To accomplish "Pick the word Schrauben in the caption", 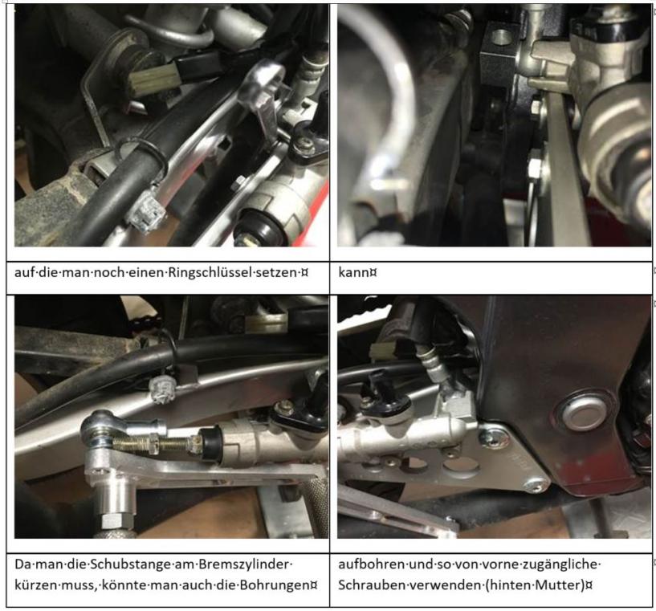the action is [x=367, y=585].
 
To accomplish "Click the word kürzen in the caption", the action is [x=35, y=585].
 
